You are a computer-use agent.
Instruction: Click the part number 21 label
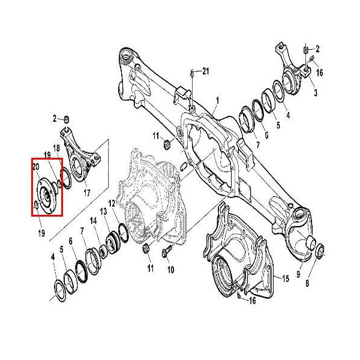coord(205,72)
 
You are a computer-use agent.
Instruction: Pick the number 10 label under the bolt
coord(170,269)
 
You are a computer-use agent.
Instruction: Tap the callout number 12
coord(112,205)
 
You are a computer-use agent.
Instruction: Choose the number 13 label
coord(104,211)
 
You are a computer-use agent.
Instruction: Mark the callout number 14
coord(93,221)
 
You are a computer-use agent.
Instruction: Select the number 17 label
coord(87,193)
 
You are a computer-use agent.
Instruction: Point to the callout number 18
coord(56,148)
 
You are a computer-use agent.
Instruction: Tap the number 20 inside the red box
coord(36,166)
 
